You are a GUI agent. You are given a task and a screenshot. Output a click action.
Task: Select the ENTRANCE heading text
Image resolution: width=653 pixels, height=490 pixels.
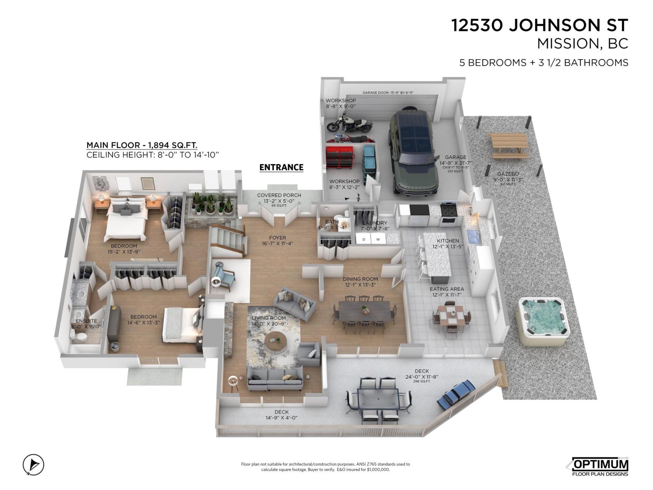281,167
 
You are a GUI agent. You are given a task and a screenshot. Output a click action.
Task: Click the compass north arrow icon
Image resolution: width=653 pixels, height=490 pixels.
33,465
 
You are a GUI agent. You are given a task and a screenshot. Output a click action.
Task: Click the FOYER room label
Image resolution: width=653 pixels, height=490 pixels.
278,238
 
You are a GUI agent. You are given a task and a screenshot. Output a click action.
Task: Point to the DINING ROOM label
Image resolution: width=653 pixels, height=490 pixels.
360,279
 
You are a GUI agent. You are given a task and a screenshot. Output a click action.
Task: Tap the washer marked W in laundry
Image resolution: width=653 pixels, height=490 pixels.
378,239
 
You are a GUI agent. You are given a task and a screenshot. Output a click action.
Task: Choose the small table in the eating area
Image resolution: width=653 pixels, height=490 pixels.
451,315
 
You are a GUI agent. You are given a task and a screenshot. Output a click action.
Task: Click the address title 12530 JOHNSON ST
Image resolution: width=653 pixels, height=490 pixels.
539,25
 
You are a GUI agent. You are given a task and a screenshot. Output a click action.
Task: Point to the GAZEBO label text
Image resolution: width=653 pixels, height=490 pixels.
508,174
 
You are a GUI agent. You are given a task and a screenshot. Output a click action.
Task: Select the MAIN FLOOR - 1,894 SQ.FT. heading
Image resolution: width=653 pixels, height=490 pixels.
142,145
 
